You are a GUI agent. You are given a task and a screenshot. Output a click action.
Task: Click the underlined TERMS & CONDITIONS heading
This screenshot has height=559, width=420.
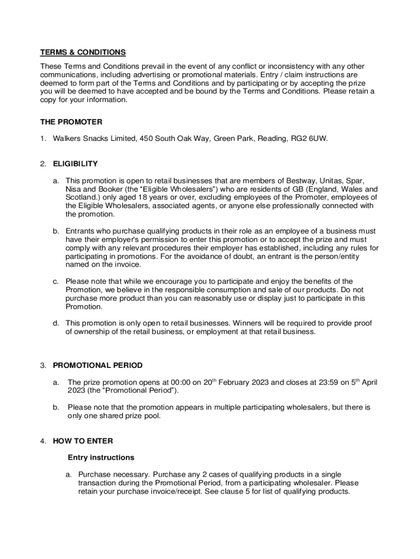point(83,52)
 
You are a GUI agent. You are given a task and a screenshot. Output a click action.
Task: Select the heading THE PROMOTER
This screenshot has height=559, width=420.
point(71,122)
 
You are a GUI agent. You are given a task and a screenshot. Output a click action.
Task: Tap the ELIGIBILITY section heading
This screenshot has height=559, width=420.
point(75,164)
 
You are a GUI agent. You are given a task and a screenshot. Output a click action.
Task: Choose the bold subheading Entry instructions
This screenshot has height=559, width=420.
point(101,457)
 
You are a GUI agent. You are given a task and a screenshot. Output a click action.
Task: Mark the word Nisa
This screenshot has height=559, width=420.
point(74,189)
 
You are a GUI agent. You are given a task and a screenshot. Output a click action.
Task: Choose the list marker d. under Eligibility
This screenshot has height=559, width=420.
point(56,323)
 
